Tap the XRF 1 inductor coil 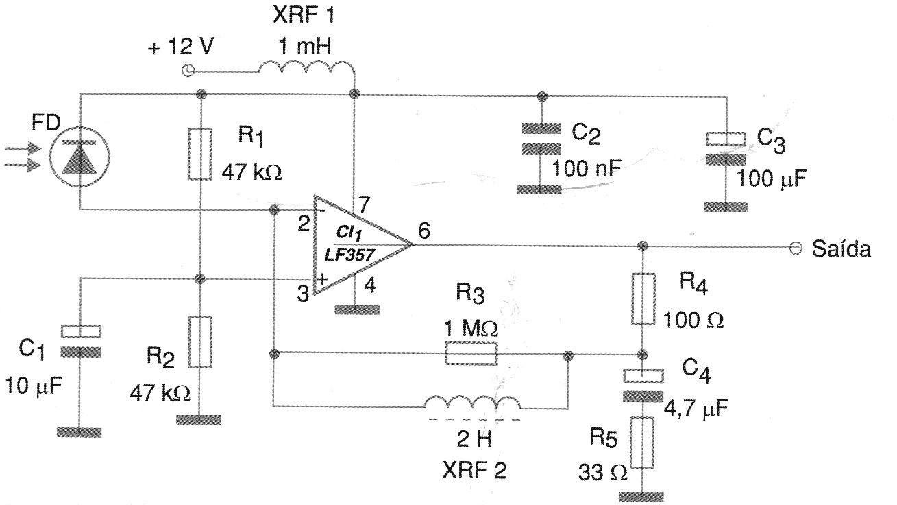click(306, 67)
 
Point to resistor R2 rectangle click(200, 341)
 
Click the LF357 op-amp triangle click(356, 244)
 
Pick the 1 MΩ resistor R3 click(471, 354)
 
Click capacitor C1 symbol click(81, 340)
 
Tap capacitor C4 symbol click(643, 385)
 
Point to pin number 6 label click(424, 232)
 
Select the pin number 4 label click(371, 285)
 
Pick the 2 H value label click(473, 438)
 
